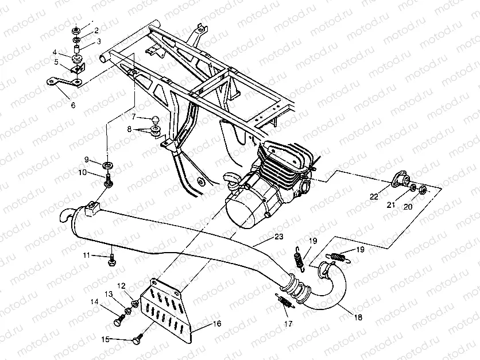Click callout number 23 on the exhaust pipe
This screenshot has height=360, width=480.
click(278, 236)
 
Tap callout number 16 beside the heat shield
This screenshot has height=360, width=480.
click(216, 324)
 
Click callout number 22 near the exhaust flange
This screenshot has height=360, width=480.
click(374, 196)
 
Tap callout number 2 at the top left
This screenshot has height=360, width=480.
click(96, 30)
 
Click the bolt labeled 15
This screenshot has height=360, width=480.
click(138, 339)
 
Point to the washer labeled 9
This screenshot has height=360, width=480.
click(107, 165)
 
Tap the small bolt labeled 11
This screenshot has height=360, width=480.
click(111, 260)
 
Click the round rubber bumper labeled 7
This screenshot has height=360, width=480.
click(156, 119)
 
